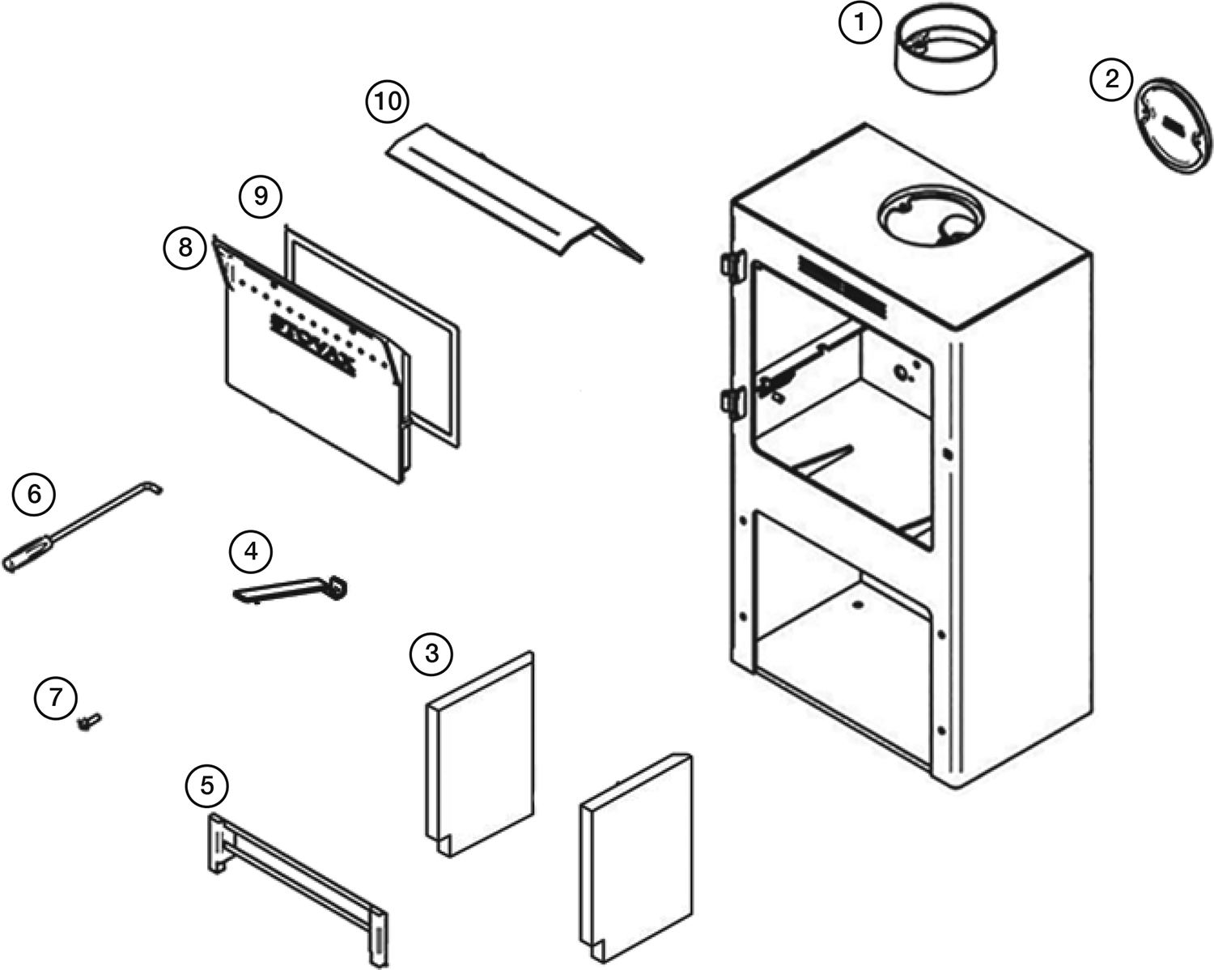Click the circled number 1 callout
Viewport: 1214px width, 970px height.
tap(860, 23)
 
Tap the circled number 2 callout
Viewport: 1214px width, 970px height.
tap(1112, 79)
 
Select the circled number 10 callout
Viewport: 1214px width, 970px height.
tap(387, 102)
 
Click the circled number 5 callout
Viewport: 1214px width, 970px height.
tap(207, 785)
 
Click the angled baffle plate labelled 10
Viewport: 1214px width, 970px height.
tap(510, 194)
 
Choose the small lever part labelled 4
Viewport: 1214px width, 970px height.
tap(291, 589)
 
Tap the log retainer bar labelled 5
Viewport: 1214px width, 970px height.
tap(299, 874)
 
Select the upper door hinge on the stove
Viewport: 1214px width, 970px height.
tap(732, 264)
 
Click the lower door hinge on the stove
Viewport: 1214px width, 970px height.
tap(732, 401)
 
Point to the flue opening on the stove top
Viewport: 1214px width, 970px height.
tap(931, 214)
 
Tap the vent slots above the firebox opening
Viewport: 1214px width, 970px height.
tap(842, 286)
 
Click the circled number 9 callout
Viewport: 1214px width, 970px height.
tap(261, 196)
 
